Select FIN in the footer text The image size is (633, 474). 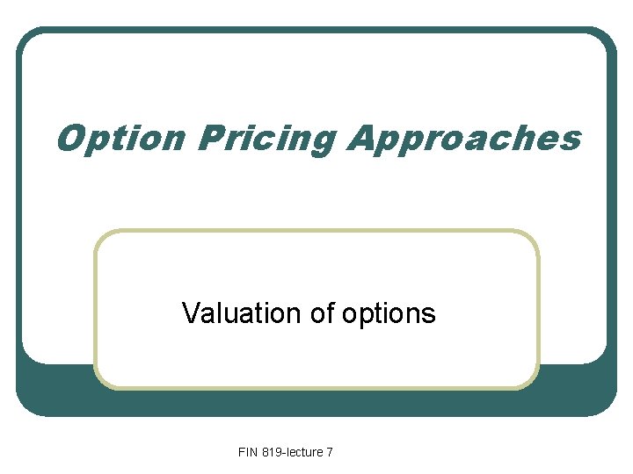[x=248, y=452]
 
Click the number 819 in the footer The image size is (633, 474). [x=272, y=452]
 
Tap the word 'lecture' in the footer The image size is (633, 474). [x=305, y=452]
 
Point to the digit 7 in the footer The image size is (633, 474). [x=330, y=452]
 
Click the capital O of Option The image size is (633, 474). [x=71, y=138]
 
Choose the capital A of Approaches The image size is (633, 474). [x=362, y=138]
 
